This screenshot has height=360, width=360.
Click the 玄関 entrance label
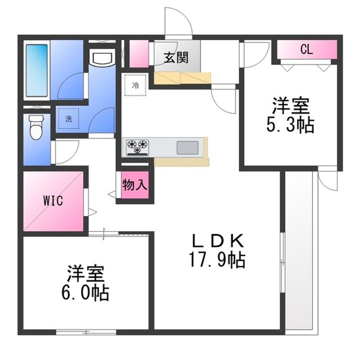point(176,57)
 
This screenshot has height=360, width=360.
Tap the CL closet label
point(306,49)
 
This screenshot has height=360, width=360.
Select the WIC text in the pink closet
point(53,201)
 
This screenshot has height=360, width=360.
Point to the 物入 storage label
point(135,184)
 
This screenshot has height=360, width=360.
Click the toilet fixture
point(36,127)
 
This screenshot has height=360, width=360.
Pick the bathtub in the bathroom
point(36,70)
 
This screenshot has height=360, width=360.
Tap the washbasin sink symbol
point(102,57)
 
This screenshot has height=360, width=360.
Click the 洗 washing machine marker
point(68,118)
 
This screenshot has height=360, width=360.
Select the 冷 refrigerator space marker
point(135,85)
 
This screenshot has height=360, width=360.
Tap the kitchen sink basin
point(187,147)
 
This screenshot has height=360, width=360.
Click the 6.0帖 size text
point(85,293)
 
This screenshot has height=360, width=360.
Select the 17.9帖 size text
point(217,260)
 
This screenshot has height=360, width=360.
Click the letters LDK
point(217,241)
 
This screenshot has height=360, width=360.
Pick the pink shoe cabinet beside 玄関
point(139,54)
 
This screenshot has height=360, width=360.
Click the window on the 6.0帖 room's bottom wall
point(86,332)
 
